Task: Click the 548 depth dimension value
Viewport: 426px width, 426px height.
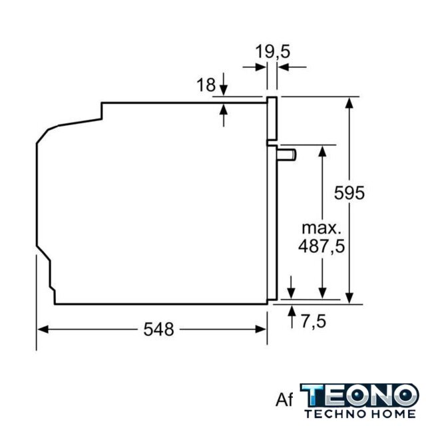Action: click(158, 329)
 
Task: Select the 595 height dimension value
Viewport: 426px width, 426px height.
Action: click(349, 193)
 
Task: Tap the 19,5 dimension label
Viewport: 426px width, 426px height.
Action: click(272, 52)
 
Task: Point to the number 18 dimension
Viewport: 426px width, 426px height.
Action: click(206, 85)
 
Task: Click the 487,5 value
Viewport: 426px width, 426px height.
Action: click(321, 246)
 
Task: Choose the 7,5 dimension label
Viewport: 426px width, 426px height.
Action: click(314, 321)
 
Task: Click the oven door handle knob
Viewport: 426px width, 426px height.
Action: click(287, 155)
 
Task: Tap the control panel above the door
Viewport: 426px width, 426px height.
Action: click(272, 118)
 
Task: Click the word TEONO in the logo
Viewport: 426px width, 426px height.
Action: click(359, 395)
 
